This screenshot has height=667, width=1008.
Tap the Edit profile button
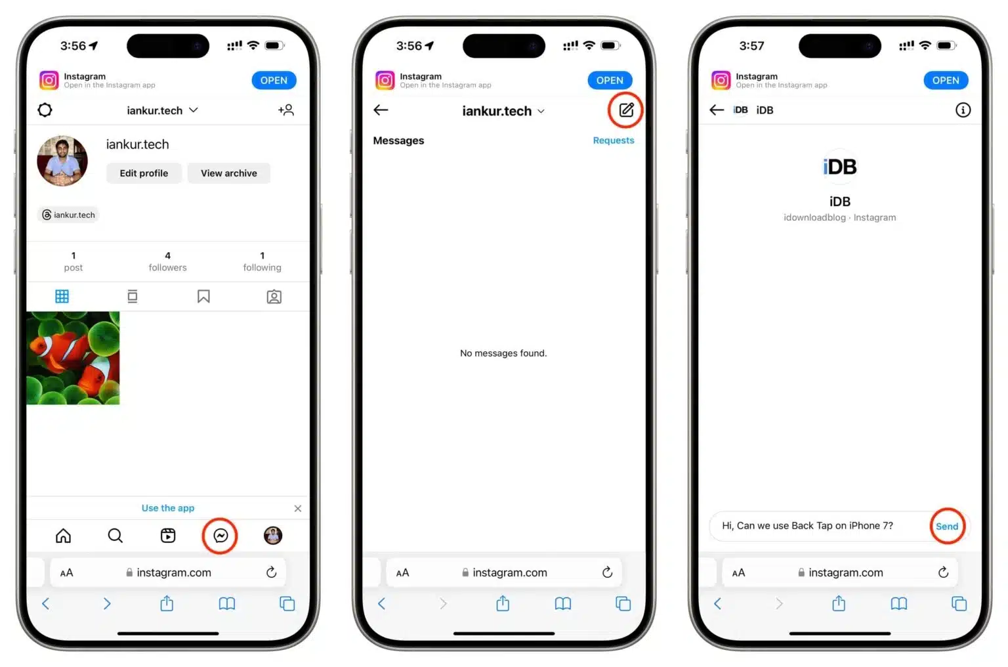coord(144,173)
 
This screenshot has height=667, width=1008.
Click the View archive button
coord(228,173)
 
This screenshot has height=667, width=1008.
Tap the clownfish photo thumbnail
coord(73,358)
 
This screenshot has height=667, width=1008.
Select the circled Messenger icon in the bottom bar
coord(220,536)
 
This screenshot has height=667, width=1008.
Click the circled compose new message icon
coord(626,110)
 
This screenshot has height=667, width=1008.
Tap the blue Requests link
coord(613,140)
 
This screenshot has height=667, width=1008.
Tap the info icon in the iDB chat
coord(962,110)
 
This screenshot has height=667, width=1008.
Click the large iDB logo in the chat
coord(839,167)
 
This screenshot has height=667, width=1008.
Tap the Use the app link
coord(168,508)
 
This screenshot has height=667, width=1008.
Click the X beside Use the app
coord(298,509)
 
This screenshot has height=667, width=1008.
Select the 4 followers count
coord(167,261)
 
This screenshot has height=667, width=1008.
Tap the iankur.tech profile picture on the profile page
coord(62,161)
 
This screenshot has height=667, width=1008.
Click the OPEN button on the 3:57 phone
coord(945,80)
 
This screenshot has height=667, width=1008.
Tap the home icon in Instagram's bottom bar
coord(63,536)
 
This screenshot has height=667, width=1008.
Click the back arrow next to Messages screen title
coord(381,110)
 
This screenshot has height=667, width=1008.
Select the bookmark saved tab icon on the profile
coord(203,297)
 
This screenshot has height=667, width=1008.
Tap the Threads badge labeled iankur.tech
coord(68,215)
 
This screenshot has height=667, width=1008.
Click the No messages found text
coord(503,353)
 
